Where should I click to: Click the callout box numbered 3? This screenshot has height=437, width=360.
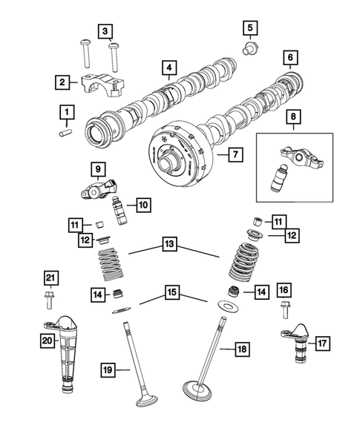(x=107, y=30)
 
